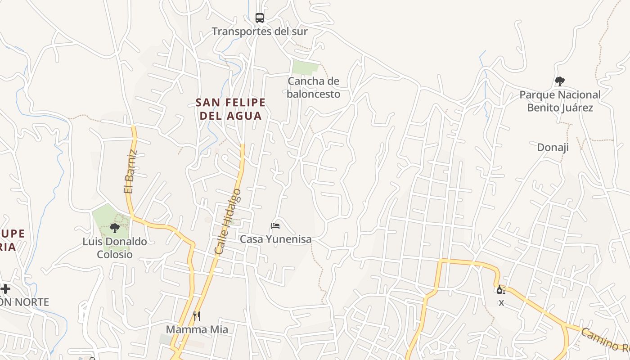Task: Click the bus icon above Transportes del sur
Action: [260, 18]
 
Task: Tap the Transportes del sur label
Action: [260, 31]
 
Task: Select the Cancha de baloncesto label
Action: [313, 88]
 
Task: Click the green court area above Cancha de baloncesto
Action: [305, 67]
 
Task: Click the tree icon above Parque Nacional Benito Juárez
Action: [560, 81]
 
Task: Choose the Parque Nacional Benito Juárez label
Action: [560, 101]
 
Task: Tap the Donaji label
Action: [553, 147]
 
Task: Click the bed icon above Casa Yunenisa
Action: [275, 225]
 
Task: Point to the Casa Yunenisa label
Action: [275, 239]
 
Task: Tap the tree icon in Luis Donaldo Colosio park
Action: [115, 228]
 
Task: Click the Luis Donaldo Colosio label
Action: [115, 248]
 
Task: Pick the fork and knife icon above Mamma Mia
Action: [197, 316]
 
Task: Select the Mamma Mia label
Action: [197, 329]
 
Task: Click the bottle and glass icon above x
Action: [501, 289]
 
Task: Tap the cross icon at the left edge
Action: [5, 288]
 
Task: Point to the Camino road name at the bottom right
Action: [604, 340]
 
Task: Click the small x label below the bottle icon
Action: [501, 303]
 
